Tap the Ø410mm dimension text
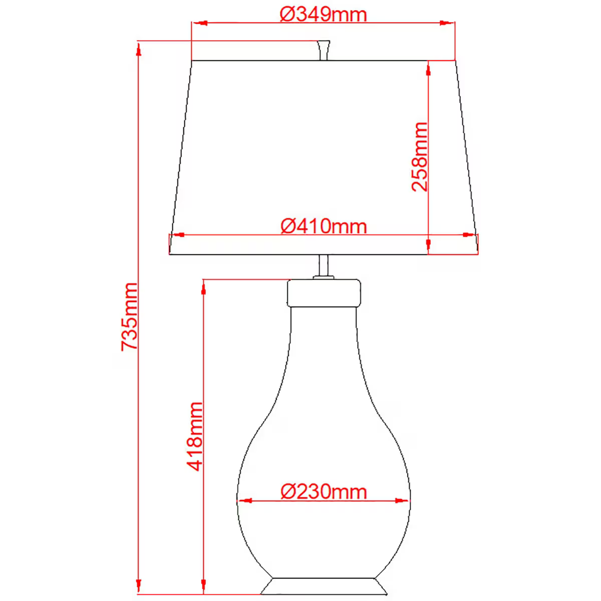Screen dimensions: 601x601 (x=324, y=226)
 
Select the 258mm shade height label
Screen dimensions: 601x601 (x=420, y=156)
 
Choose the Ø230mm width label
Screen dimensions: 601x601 (x=324, y=491)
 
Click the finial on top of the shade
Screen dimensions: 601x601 (x=324, y=50)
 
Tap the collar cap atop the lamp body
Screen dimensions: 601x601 (x=324, y=293)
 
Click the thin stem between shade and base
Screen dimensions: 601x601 (x=324, y=265)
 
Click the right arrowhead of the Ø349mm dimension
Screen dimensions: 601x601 (x=448, y=23)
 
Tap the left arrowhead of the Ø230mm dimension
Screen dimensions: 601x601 (x=244, y=500)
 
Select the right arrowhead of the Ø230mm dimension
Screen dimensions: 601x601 (x=403, y=500)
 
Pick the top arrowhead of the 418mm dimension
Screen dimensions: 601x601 (x=203, y=287)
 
